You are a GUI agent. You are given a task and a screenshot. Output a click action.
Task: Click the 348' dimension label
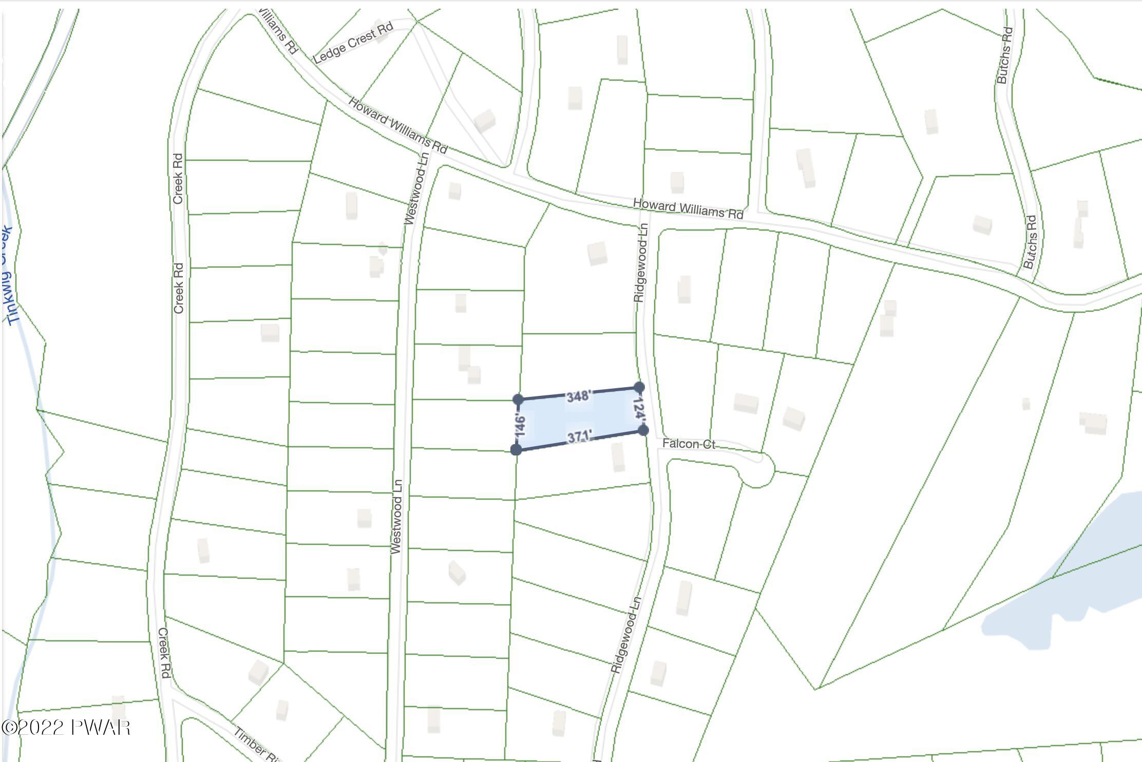579,396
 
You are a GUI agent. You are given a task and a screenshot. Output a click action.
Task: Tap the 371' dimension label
580,437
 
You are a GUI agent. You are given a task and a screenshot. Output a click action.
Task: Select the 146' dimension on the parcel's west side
520,425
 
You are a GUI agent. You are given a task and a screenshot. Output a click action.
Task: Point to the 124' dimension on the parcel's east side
638,409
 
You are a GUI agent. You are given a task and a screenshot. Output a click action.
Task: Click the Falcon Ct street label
689,444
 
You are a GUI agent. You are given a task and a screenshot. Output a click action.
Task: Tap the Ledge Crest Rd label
353,43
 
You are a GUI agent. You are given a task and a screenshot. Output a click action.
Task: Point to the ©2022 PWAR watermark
66,728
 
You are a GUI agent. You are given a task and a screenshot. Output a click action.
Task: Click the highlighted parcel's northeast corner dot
639,387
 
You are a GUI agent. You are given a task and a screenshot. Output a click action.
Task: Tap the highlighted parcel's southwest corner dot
517,450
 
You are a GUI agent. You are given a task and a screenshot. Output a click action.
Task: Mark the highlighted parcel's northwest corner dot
518,399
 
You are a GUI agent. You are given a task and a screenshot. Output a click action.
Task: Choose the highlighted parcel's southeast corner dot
643,430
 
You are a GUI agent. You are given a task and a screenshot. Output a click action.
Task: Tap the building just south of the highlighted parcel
618,457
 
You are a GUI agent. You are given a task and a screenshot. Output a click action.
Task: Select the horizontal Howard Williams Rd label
688,209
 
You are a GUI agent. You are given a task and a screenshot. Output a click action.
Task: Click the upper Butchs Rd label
1005,55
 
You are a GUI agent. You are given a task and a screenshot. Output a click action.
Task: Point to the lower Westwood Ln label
396,517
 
